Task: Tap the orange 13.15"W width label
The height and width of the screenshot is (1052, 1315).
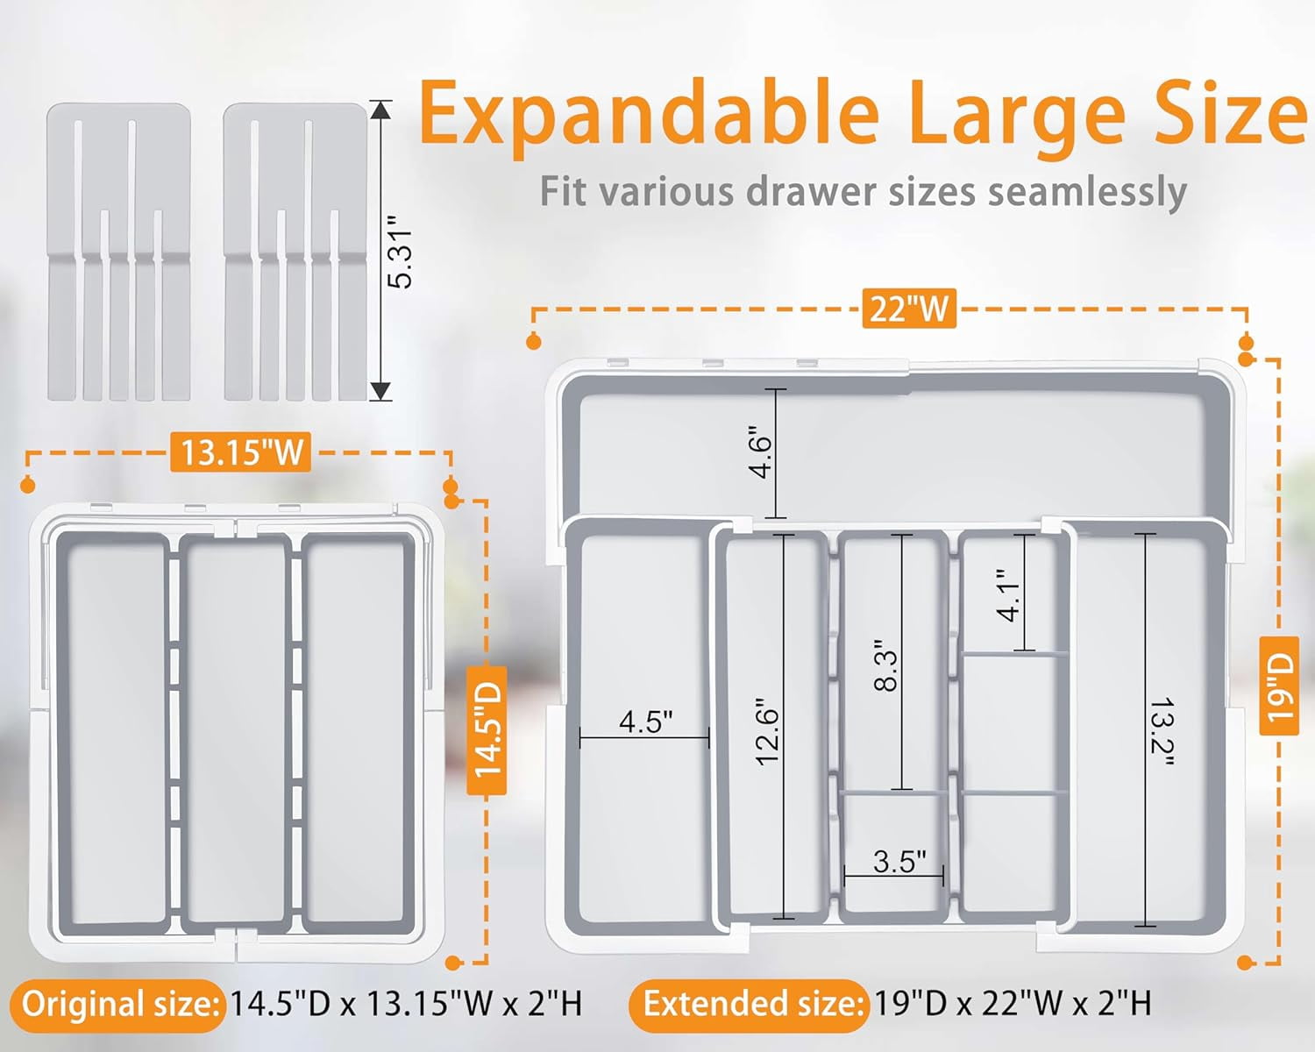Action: pyautogui.click(x=241, y=452)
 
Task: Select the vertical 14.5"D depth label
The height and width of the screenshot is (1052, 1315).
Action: pyautogui.click(x=487, y=730)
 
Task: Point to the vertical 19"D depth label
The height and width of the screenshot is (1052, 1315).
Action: pyautogui.click(x=1278, y=686)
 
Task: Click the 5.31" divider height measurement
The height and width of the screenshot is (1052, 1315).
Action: pyautogui.click(x=401, y=251)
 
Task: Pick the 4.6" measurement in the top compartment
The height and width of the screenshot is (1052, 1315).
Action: pyautogui.click(x=760, y=452)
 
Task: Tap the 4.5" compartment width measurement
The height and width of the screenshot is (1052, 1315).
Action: pyautogui.click(x=645, y=721)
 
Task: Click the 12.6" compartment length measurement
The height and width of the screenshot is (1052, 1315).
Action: pyautogui.click(x=767, y=730)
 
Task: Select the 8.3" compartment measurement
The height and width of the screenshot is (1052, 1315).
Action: pyautogui.click(x=886, y=666)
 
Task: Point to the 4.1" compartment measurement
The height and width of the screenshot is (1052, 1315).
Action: pyautogui.click(x=1008, y=595)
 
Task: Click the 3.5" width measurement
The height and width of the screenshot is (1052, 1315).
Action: pyautogui.click(x=899, y=862)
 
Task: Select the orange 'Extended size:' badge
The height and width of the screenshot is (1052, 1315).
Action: pyautogui.click(x=749, y=1005)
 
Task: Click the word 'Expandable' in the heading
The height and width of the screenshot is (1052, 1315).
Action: pyautogui.click(x=649, y=118)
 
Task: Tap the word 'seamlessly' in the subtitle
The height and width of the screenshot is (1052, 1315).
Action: pyautogui.click(x=1087, y=192)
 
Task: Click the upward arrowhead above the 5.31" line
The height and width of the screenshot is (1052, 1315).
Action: pyautogui.click(x=380, y=110)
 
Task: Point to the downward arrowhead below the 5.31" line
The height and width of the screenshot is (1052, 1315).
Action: pyautogui.click(x=380, y=392)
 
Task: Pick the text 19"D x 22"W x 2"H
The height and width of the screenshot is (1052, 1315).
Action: pyautogui.click(x=1013, y=1004)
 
